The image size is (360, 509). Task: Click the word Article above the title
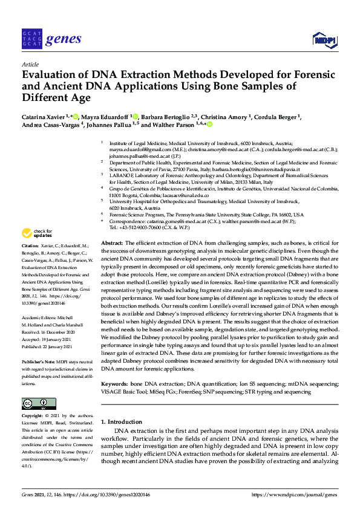(x=30, y=64)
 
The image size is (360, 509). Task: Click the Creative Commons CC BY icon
(x=35, y=403)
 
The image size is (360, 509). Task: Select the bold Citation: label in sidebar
(x=30, y=247)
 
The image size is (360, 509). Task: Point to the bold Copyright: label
(x=33, y=417)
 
